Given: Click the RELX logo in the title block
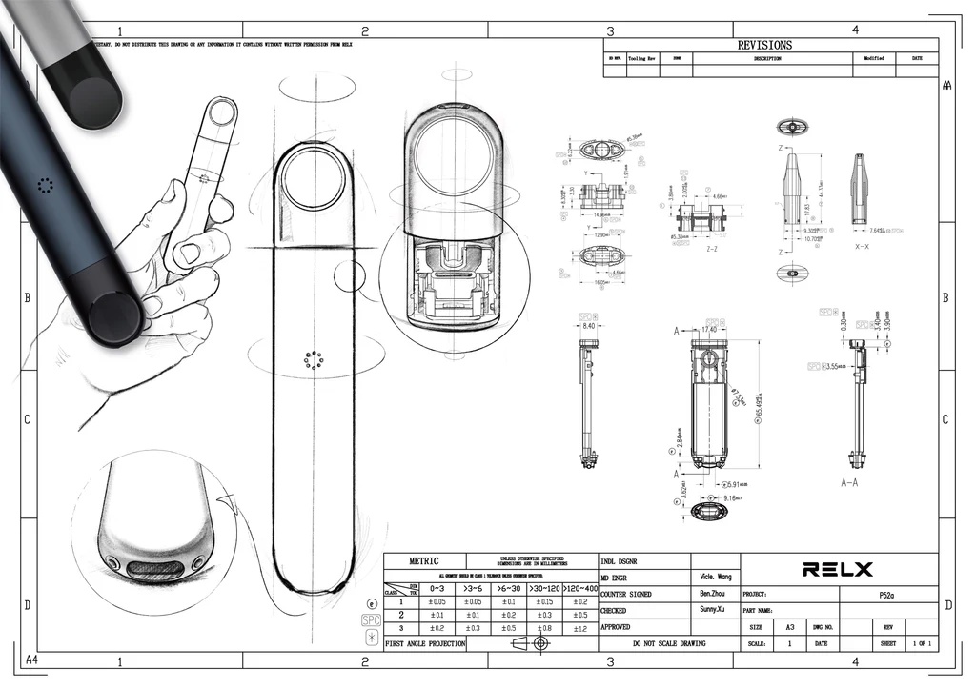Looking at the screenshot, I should click(838, 570).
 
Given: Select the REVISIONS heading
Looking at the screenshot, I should click(764, 45).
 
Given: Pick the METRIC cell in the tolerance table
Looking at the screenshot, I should click(424, 561).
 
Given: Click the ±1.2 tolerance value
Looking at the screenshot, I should click(578, 629).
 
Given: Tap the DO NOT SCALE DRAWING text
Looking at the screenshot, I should click(669, 644).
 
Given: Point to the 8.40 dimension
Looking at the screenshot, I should click(588, 327).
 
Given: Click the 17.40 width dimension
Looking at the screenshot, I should click(708, 330).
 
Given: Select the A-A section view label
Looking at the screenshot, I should click(853, 483).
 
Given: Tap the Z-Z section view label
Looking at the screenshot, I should click(711, 247).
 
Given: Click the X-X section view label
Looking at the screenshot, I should click(862, 247).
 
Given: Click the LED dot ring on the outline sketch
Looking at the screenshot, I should click(315, 360).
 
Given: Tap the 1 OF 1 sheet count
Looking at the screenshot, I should click(922, 644).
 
